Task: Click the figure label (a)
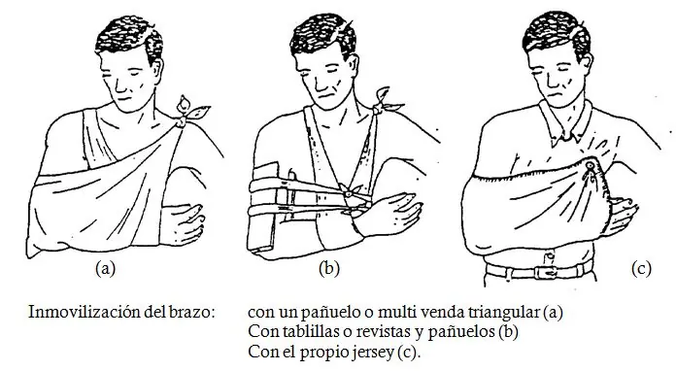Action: [x=105, y=268]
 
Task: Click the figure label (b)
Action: [x=329, y=268]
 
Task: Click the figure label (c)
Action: [x=641, y=268]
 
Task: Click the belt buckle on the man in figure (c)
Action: [x=545, y=272]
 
